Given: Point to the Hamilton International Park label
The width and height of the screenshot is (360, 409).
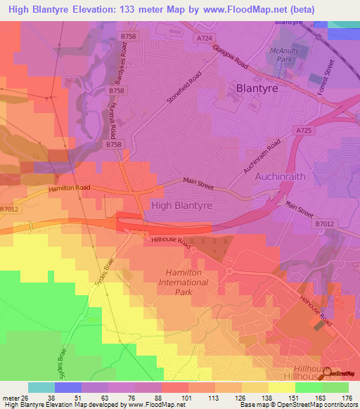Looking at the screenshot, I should click(x=186, y=282).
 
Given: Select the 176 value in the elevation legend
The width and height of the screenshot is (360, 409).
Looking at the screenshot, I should click(x=345, y=397).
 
